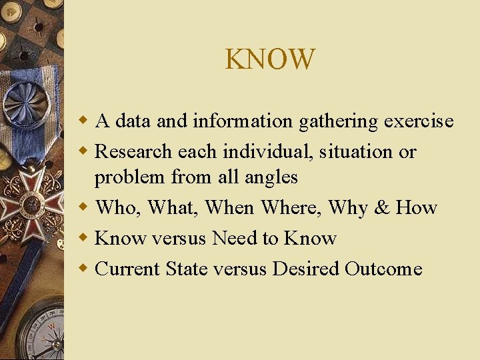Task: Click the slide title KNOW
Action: pos(270,59)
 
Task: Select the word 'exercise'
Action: pos(419,121)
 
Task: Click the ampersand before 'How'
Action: pos(382,208)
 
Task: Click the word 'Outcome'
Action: pos(383,269)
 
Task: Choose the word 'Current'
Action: pos(127,269)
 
